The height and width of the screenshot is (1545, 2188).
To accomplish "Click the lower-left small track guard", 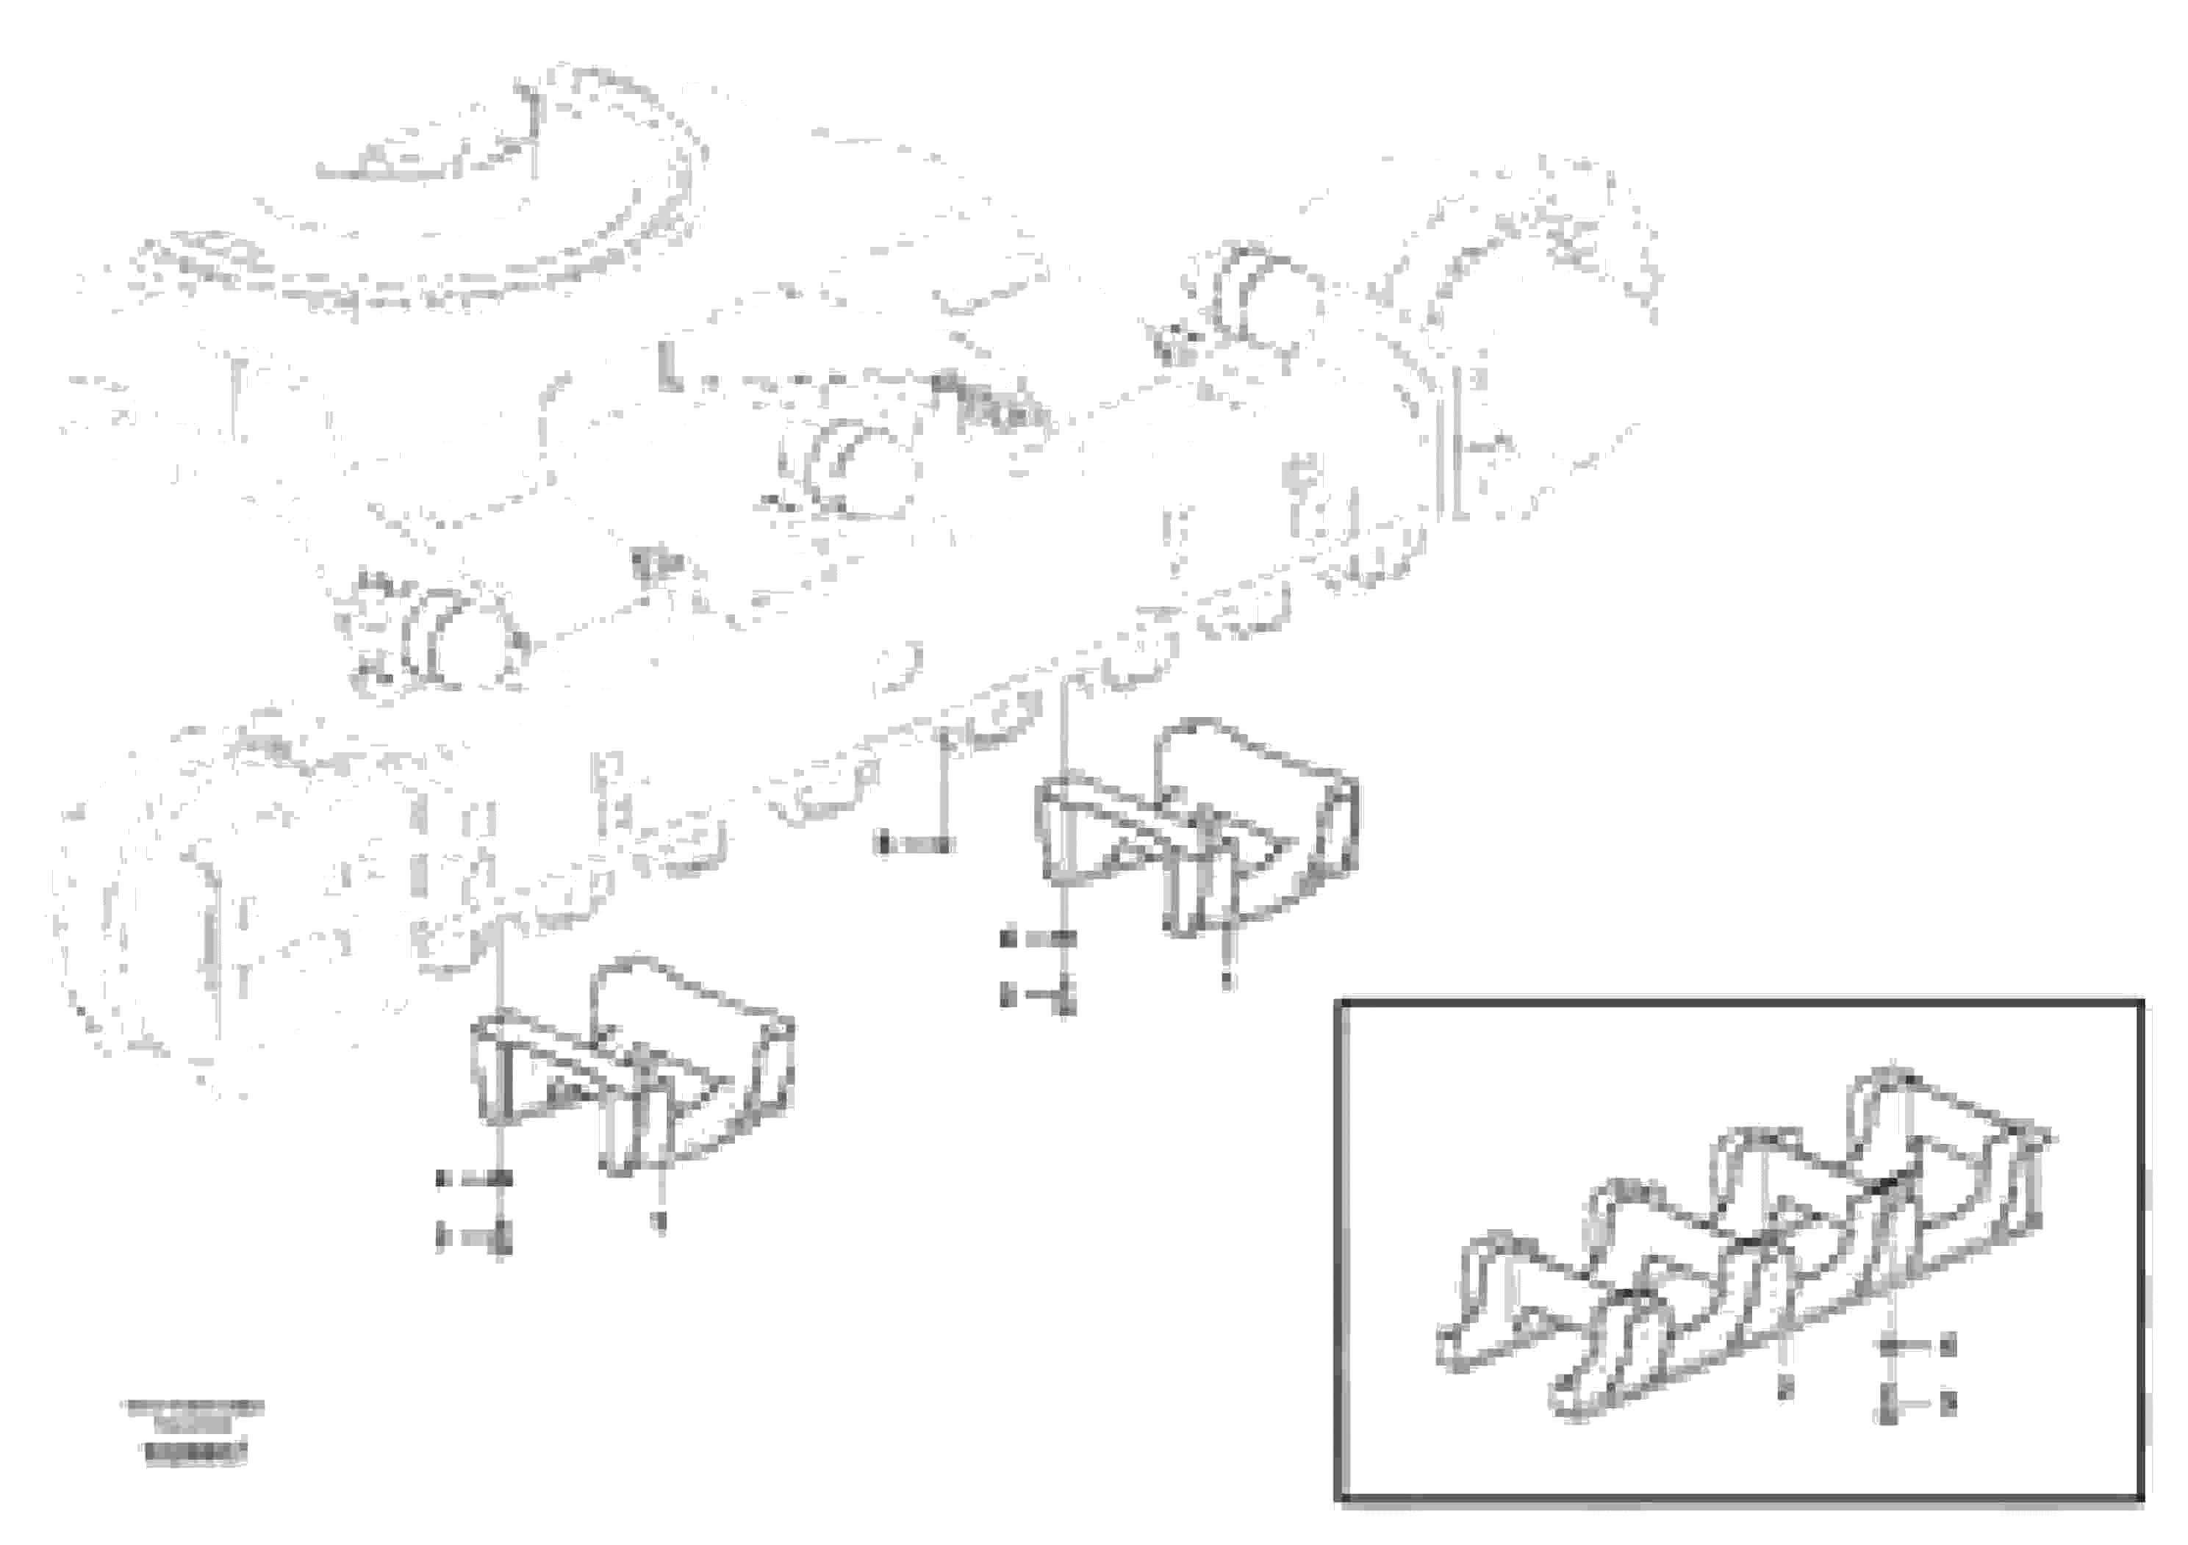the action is click(x=629, y=1067).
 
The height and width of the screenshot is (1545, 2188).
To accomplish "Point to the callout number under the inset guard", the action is click(x=1786, y=1388).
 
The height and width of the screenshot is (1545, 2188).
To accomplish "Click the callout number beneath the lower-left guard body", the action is click(x=659, y=1220).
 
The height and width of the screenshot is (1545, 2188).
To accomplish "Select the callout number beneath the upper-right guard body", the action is click(x=1227, y=979).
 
